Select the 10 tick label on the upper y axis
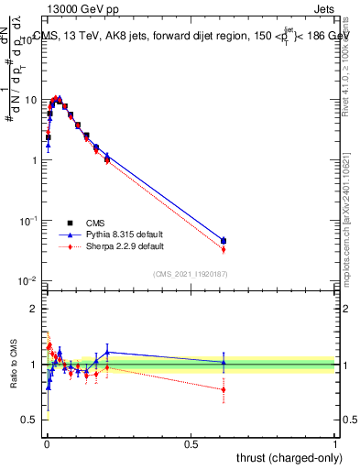tap(29, 99)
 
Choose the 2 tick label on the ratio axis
tap(35, 309)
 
